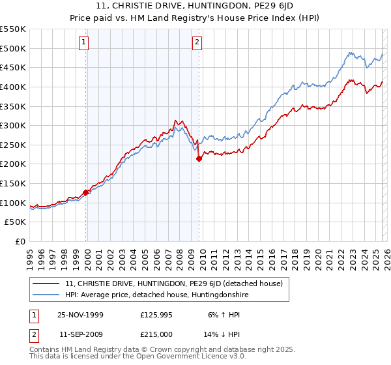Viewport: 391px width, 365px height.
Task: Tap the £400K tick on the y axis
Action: coord(12,87)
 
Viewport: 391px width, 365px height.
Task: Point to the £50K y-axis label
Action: coord(15,222)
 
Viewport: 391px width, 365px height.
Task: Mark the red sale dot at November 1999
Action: coord(85,192)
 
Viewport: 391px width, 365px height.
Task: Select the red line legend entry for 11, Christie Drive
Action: coord(173,284)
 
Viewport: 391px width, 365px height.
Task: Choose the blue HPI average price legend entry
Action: coord(156,295)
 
